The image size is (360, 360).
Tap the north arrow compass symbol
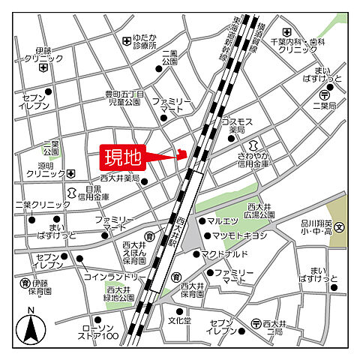pos(30,327)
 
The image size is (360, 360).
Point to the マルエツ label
pos(223,221)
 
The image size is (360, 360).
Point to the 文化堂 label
pos(179,320)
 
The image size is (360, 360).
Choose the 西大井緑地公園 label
pos(120,293)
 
